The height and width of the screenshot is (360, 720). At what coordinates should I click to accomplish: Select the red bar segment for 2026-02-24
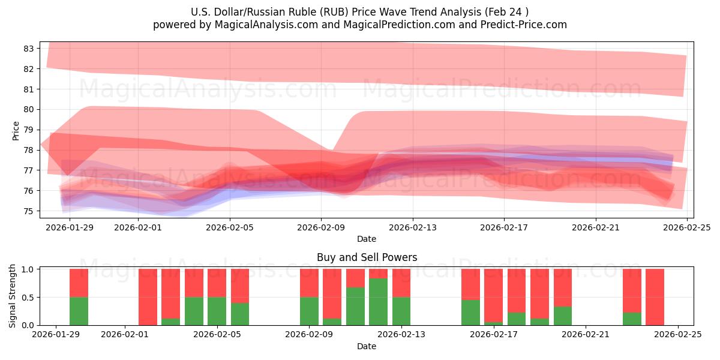click(655, 296)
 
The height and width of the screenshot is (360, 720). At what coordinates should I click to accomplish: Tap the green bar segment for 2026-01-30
click(79, 311)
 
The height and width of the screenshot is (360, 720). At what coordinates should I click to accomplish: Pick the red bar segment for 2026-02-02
click(148, 297)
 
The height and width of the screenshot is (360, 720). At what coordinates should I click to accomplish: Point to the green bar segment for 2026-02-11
click(355, 306)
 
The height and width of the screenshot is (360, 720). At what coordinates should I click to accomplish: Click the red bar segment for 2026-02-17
click(493, 295)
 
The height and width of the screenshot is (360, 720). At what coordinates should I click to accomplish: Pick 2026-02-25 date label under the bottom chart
click(678, 334)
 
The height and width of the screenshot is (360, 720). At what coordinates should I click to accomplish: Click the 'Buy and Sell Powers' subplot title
click(367, 257)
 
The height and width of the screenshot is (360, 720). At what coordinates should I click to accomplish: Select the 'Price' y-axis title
click(16, 130)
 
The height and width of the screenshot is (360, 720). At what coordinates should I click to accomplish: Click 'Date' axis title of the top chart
click(367, 239)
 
